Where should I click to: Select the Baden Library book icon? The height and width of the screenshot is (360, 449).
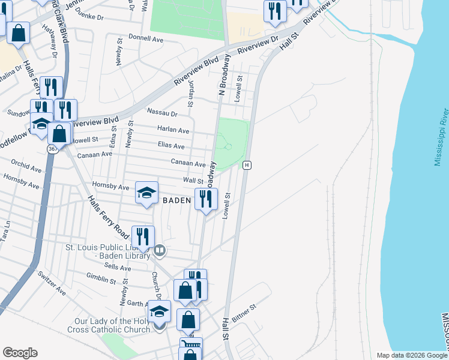tap(159, 250)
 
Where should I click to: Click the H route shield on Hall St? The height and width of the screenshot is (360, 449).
tap(246, 164)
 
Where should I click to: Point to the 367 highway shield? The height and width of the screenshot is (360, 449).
tap(53, 148)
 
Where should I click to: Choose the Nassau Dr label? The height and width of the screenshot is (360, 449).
tap(163, 113)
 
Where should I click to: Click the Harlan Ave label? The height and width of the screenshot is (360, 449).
tap(173, 130)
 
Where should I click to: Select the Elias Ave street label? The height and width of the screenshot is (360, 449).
tap(171, 146)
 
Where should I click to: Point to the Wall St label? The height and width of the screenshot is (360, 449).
tap(193, 181)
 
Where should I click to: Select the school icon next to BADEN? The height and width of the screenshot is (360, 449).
tap(146, 193)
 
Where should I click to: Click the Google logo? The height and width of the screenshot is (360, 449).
tap(20, 352)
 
